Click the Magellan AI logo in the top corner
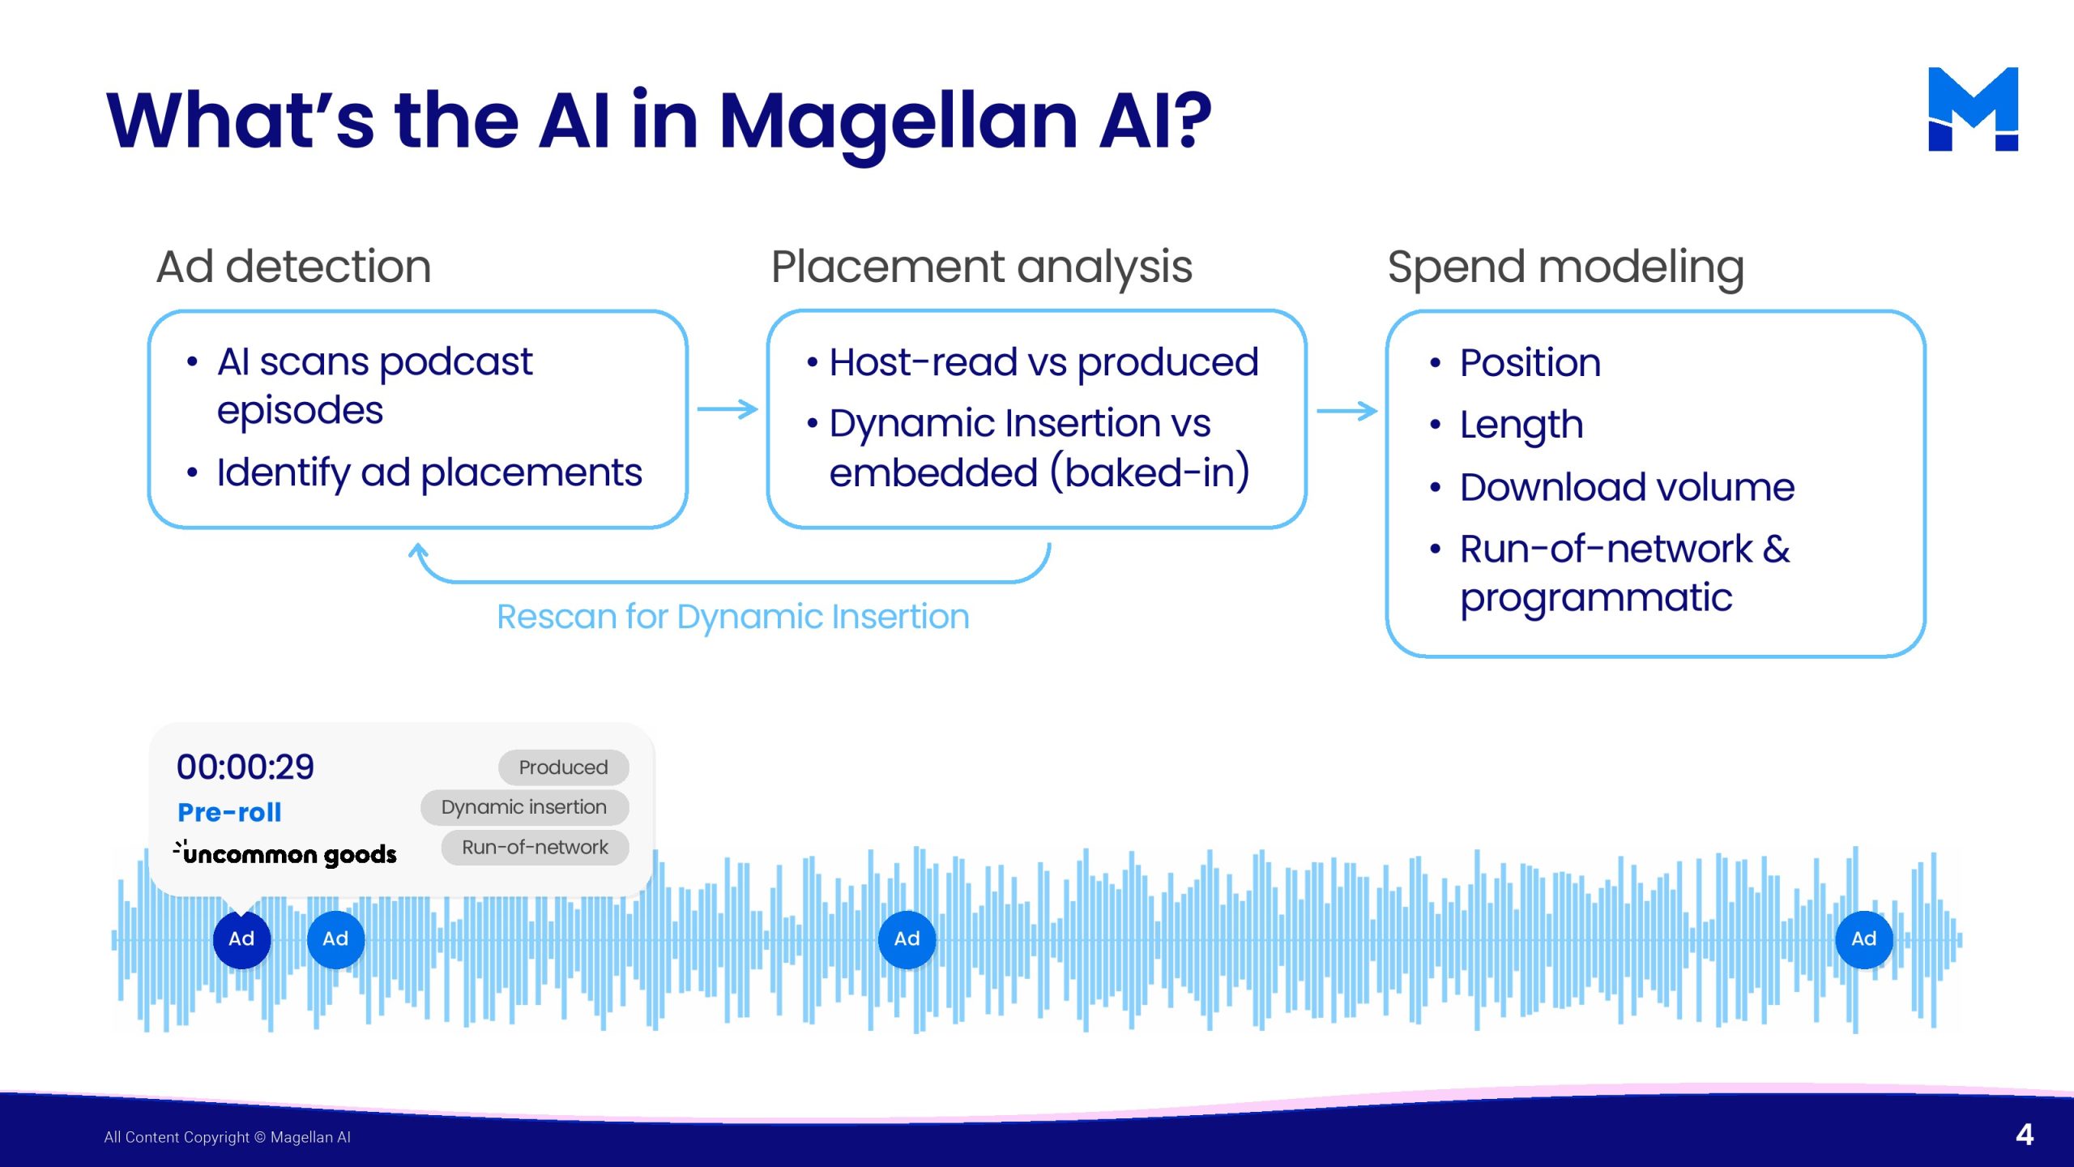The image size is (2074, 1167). [1973, 109]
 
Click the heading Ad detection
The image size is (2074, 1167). [293, 267]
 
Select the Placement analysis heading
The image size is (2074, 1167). [981, 267]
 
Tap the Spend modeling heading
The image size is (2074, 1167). [1565, 268]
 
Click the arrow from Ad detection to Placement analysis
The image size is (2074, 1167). [728, 409]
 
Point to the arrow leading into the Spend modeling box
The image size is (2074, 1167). [1347, 411]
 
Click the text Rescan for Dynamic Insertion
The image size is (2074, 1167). [732, 617]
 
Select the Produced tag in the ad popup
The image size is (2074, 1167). [563, 767]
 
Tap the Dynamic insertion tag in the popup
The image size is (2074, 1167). [524, 807]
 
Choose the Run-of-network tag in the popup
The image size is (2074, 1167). [535, 847]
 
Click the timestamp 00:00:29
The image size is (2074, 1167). [245, 767]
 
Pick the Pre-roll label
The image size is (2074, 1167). [229, 812]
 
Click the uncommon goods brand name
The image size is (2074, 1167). [285, 853]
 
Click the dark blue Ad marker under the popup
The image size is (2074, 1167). [241, 939]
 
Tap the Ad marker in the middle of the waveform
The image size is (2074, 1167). [907, 939]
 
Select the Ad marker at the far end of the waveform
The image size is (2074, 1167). [1863, 939]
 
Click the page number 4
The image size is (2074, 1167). [2025, 1135]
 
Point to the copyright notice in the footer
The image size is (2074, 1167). [228, 1137]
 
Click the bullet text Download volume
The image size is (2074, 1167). [1627, 487]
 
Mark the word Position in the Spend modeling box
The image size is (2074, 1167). [1530, 362]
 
